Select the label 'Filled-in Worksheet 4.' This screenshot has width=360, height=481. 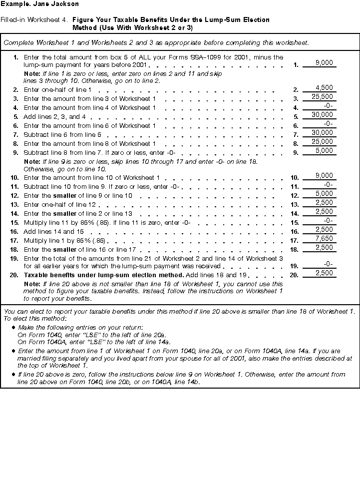pyautogui.click(x=35, y=20)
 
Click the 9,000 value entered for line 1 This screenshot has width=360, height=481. pyautogui.click(x=324, y=63)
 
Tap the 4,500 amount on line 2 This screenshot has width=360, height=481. pyautogui.click(x=324, y=88)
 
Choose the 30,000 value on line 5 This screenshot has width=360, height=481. pyautogui.click(x=322, y=114)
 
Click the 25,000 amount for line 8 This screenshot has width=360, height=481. pyautogui.click(x=322, y=141)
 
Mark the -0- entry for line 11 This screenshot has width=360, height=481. pyautogui.click(x=328, y=184)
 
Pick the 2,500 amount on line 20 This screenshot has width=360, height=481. pyautogui.click(x=324, y=273)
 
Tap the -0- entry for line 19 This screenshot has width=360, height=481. pyautogui.click(x=328, y=264)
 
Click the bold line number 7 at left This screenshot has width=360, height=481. pyautogui.click(x=16, y=135)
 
